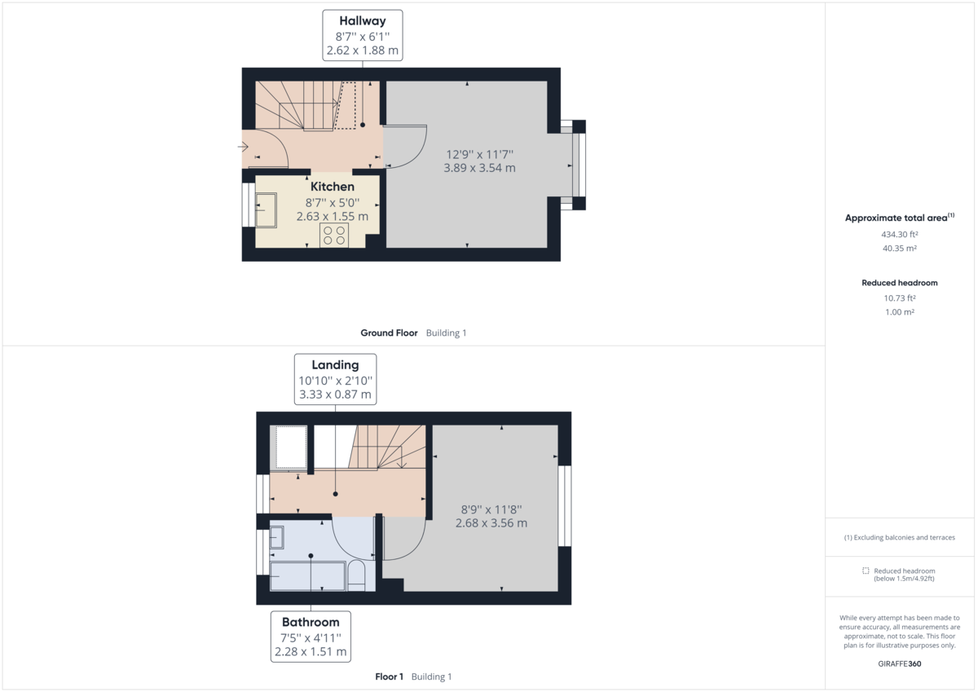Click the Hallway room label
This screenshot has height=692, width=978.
pyautogui.click(x=362, y=21)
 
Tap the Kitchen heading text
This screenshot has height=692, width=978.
pyautogui.click(x=332, y=187)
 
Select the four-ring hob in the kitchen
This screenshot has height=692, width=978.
pyautogui.click(x=334, y=236)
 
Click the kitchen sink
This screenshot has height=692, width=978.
pyautogui.click(x=266, y=209)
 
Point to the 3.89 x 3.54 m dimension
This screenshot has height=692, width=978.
pyautogui.click(x=479, y=168)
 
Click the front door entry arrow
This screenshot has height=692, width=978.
pyautogui.click(x=243, y=146)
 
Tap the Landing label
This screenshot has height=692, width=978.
pyautogui.click(x=335, y=364)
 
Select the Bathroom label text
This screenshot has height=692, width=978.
pyautogui.click(x=311, y=622)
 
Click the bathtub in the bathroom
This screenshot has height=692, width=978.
pyautogui.click(x=307, y=575)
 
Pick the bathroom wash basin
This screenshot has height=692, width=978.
pyautogui.click(x=276, y=537)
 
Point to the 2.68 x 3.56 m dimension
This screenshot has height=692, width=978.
pyautogui.click(x=491, y=522)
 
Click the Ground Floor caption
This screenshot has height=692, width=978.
pyautogui.click(x=389, y=333)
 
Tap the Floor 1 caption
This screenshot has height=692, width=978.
pyautogui.click(x=389, y=677)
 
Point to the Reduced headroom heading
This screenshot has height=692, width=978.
pyautogui.click(x=899, y=283)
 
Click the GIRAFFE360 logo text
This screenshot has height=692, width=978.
pyautogui.click(x=900, y=663)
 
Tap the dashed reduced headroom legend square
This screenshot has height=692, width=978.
pyautogui.click(x=866, y=571)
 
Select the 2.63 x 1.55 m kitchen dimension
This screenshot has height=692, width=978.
pyautogui.click(x=332, y=217)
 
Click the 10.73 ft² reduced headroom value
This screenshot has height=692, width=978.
pyautogui.click(x=899, y=298)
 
